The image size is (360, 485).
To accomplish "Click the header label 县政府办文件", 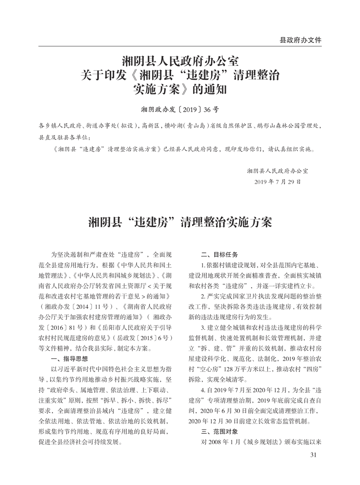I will click(300, 40).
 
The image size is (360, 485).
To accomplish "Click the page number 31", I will click(314, 455).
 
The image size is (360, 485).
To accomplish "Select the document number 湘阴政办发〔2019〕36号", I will click(180, 109).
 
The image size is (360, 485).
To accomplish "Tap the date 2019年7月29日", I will click(278, 181).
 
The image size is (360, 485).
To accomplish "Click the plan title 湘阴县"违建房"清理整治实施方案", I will click(180, 222).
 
